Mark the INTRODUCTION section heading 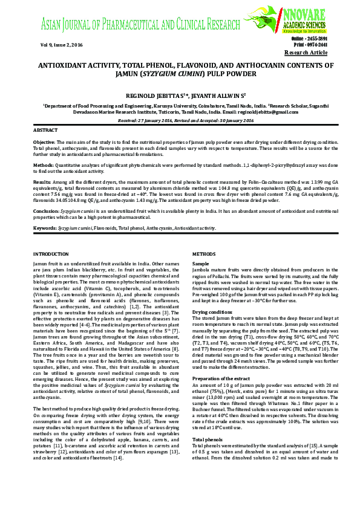51,254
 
